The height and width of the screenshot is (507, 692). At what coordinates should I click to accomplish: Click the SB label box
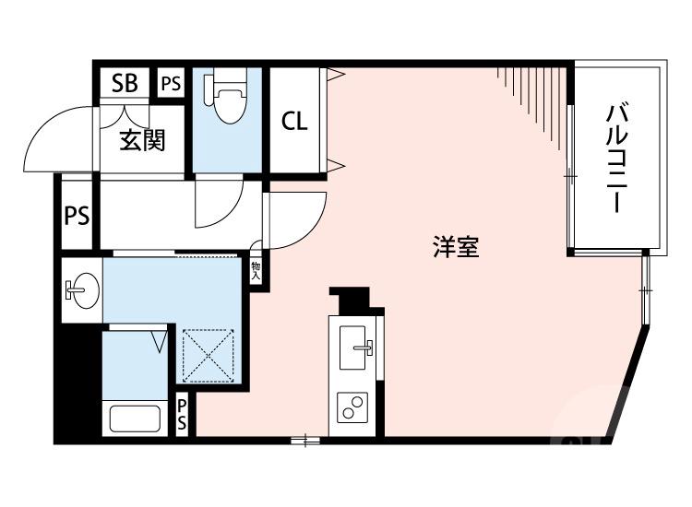coord(125,83)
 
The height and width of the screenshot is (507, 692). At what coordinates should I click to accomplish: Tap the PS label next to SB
coord(171,83)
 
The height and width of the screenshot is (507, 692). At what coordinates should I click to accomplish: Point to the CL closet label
coord(294,121)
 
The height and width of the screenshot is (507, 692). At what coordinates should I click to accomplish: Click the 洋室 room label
coord(456,247)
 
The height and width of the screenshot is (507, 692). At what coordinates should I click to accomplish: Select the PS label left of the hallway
coord(77,216)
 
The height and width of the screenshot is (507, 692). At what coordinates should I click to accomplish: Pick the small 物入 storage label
coord(257,270)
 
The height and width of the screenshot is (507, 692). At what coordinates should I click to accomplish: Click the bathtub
coord(135,418)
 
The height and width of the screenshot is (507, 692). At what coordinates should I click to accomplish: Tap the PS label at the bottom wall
coord(183,415)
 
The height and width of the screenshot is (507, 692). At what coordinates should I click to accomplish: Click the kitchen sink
coord(357,348)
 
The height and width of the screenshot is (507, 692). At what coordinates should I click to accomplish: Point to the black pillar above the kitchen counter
coord(351,300)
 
